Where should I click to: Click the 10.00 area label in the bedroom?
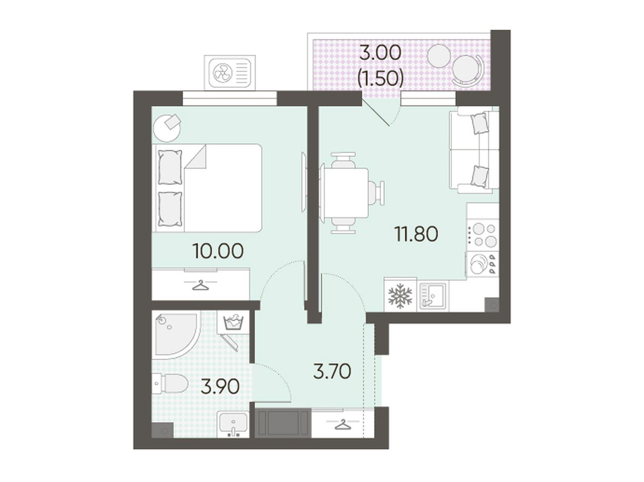pyautogui.click(x=218, y=251)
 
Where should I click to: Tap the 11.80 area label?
pyautogui.click(x=416, y=234)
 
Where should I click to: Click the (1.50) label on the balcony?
pyautogui.click(x=380, y=78)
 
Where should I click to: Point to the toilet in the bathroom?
pyautogui.click(x=171, y=384)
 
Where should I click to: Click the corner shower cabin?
pyautogui.click(x=176, y=335)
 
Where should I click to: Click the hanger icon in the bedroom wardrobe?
pyautogui.click(x=200, y=285)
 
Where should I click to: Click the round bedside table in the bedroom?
pyautogui.click(x=167, y=128)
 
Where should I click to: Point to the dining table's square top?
pyautogui.click(x=346, y=193)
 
